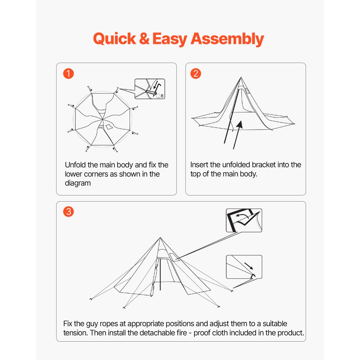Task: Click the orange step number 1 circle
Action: (68, 74)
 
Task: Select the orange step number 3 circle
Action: (68, 212)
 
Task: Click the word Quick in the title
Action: (114, 39)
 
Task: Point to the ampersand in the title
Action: (144, 39)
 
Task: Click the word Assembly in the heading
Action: (227, 39)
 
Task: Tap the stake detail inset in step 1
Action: (149, 89)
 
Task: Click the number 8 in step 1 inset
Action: (162, 96)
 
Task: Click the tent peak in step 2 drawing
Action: (240, 77)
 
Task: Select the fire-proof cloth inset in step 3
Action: (244, 220)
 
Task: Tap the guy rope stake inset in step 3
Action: (244, 267)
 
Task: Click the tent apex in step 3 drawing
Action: (160, 238)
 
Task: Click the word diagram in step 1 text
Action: (78, 183)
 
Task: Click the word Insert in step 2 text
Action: (199, 165)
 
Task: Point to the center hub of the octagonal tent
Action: (103, 119)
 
